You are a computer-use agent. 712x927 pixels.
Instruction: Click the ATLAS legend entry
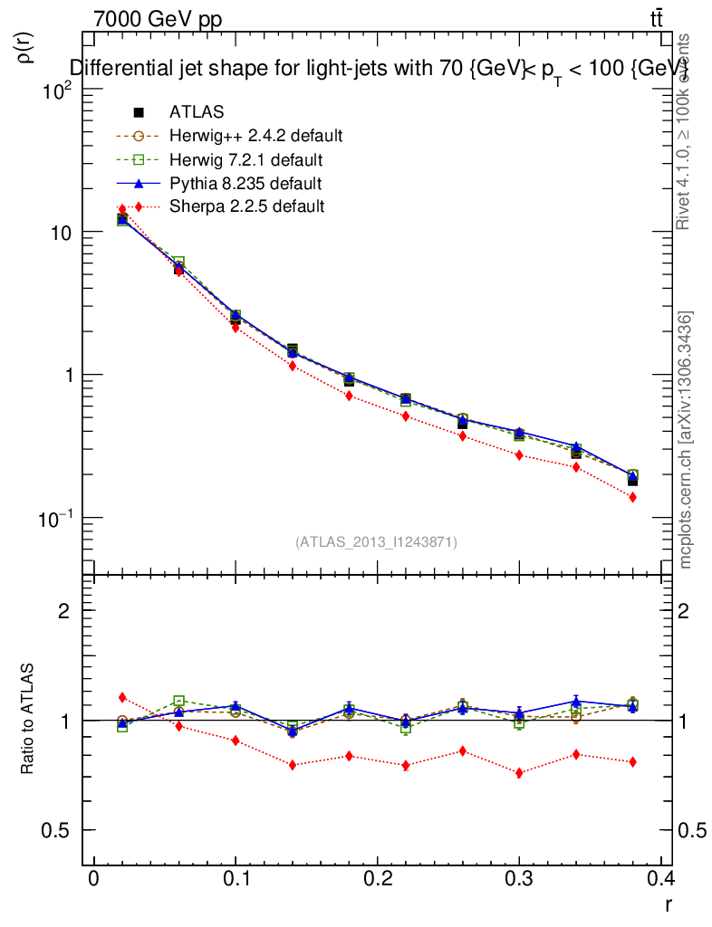tap(197, 112)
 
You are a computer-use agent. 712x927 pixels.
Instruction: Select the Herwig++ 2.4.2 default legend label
tap(255, 136)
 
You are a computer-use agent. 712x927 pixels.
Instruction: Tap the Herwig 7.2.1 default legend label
tap(245, 159)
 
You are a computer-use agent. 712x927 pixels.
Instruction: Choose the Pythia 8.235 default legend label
tap(245, 183)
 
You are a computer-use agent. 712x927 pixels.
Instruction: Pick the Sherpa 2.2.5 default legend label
tap(246, 206)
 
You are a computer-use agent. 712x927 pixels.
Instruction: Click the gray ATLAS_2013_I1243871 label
tap(376, 542)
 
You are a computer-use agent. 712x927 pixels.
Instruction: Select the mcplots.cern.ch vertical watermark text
tap(686, 440)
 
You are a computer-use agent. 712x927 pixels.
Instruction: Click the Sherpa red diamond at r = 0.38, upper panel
tap(632, 498)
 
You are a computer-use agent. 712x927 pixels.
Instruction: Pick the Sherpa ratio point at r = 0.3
tap(519, 773)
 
